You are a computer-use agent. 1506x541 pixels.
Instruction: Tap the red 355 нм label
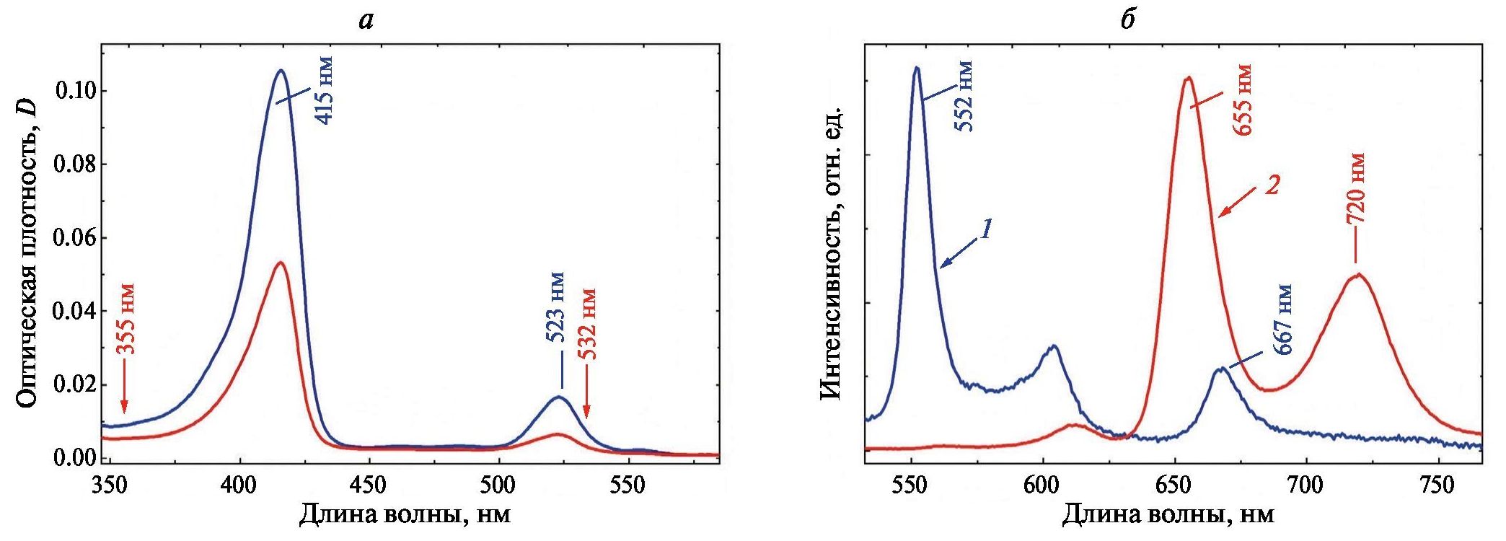(x=126, y=318)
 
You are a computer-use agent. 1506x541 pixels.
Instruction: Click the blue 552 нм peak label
(x=964, y=96)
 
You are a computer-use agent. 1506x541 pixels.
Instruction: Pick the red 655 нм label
(x=1241, y=100)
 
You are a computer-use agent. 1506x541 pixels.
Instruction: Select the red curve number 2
(x=1272, y=185)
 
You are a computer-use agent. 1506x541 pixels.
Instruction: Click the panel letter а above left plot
(x=366, y=20)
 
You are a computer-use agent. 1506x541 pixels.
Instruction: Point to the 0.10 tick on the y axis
(x=75, y=91)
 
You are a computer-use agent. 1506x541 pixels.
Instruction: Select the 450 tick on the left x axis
(x=369, y=485)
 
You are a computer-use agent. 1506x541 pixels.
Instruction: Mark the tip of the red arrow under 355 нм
(x=124, y=413)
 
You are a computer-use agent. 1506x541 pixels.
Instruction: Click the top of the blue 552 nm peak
(x=917, y=68)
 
